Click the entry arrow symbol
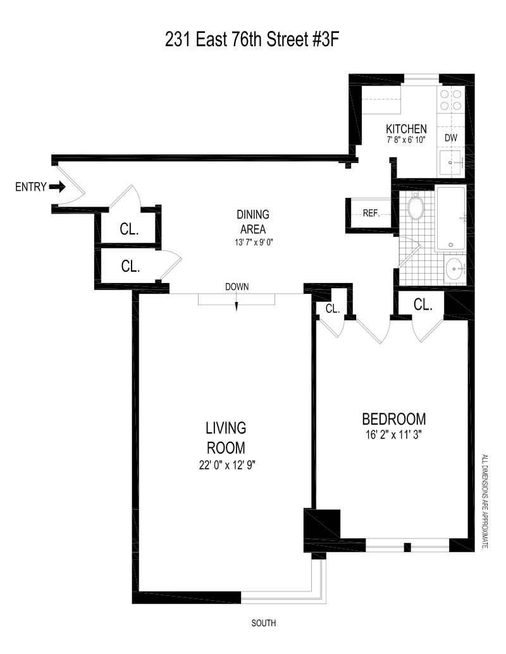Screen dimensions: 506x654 (57, 187)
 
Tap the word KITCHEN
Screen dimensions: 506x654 (406, 129)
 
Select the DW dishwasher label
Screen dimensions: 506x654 (451, 138)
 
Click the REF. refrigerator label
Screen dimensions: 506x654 (371, 214)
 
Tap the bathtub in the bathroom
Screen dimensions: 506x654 (450, 219)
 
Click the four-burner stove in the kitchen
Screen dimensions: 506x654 (451, 100)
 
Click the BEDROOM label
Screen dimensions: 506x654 (393, 419)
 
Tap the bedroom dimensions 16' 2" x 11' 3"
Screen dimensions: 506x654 (393, 435)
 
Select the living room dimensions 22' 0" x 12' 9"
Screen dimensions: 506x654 (227, 464)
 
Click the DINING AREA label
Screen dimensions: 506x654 (253, 222)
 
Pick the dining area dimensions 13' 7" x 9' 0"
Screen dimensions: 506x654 (254, 243)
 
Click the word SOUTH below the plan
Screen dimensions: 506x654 (264, 622)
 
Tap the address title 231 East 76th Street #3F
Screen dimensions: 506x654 (252, 40)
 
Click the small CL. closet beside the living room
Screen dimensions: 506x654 (333, 308)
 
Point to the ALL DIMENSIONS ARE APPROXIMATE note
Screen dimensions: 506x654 (484, 501)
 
